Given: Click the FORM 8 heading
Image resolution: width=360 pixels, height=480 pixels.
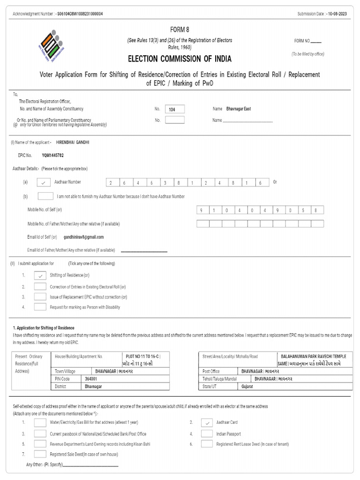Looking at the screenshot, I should click(180, 30).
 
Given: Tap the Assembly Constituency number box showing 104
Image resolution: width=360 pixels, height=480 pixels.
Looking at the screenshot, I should click(175, 109).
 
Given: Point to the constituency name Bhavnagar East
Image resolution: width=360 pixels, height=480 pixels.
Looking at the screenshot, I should click(238, 109).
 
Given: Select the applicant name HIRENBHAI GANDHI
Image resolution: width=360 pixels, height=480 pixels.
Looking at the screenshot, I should click(73, 142).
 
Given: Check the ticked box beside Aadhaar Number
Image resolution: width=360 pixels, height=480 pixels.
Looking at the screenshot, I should click(43, 182).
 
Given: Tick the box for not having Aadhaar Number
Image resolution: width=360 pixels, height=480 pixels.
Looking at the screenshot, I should click(45, 196).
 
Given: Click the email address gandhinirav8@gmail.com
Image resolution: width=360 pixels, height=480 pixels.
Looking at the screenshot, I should click(84, 237).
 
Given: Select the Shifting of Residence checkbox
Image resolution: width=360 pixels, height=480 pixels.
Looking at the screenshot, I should click(40, 276).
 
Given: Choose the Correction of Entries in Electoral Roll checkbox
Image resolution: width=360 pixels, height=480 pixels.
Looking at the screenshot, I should click(40, 286).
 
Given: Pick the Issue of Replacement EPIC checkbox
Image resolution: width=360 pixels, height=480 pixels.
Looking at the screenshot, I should click(40, 297).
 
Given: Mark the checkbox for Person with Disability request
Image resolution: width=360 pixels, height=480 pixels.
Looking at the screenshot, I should click(40, 307).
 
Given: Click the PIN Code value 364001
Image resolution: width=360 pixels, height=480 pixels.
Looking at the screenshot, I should click(91, 379).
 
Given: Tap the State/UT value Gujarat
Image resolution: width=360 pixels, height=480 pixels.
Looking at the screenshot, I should click(247, 386).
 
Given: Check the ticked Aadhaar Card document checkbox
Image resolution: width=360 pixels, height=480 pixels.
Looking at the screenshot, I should click(207, 422).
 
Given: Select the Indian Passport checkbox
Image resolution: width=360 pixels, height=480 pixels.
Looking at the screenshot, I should click(207, 434).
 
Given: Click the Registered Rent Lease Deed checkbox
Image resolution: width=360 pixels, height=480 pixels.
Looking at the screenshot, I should click(207, 444).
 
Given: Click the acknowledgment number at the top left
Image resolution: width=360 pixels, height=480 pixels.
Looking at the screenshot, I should click(79, 14).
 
